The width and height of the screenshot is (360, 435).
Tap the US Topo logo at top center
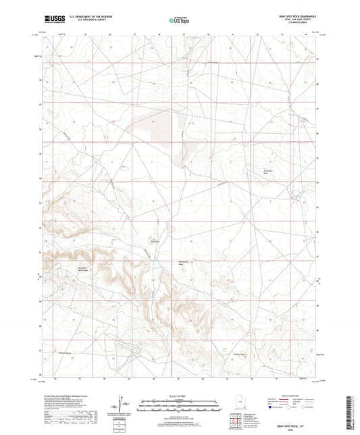coord(178,21)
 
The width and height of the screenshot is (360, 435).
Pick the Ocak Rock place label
coord(153,241)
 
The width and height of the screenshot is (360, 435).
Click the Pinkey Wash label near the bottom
coord(238,355)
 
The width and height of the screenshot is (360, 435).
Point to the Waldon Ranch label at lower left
coord(63,353)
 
